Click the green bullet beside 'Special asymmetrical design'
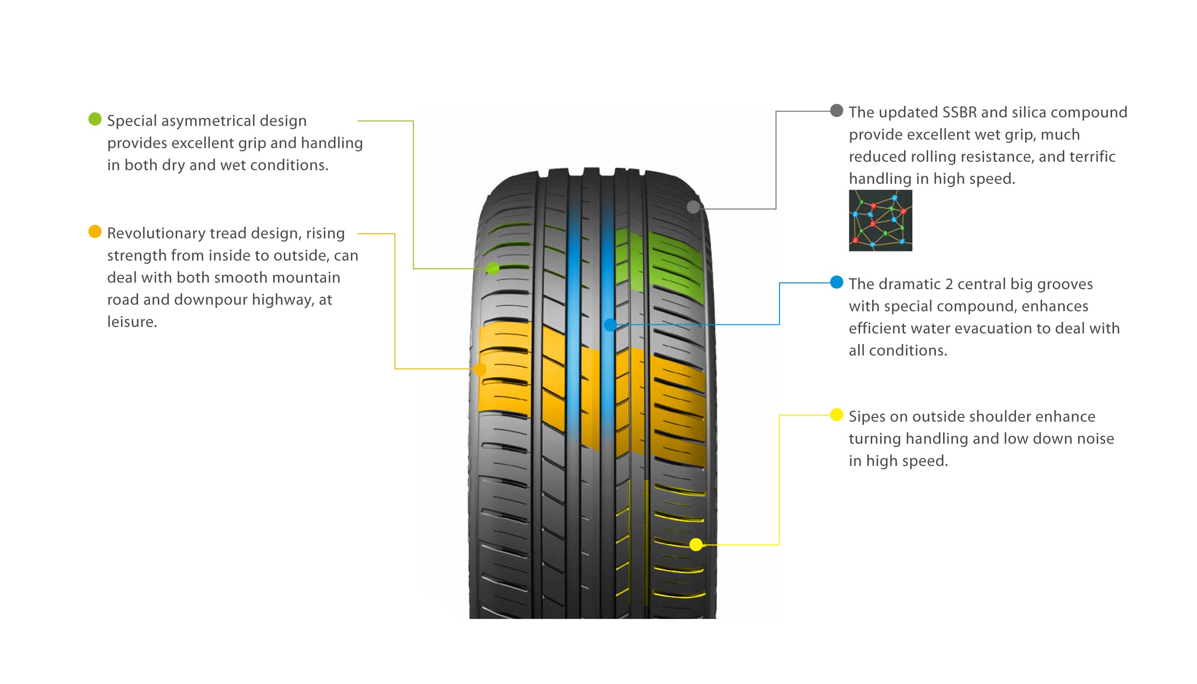click(x=95, y=119)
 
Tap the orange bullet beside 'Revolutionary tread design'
click(x=95, y=232)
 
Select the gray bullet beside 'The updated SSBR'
click(x=836, y=110)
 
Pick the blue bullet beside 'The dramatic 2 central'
click(x=836, y=282)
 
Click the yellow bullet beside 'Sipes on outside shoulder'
click(x=836, y=415)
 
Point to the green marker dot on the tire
click(x=493, y=268)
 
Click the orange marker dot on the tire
click(x=480, y=369)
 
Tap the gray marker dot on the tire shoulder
click(x=693, y=207)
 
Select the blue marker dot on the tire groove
click(x=611, y=325)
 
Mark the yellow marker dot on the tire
click(x=696, y=544)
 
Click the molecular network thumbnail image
click(x=880, y=220)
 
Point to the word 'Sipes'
click(x=867, y=417)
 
